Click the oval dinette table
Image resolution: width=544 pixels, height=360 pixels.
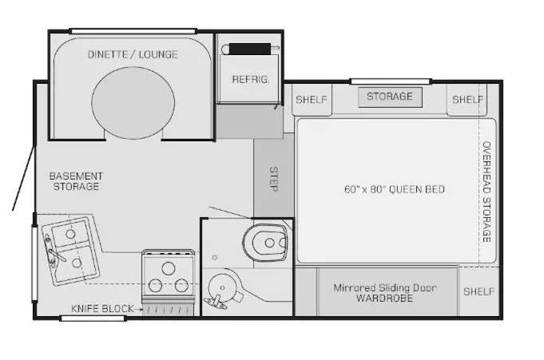point(133,103)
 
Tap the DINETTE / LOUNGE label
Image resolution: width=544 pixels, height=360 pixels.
point(133,54)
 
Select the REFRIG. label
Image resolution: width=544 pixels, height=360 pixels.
point(251,79)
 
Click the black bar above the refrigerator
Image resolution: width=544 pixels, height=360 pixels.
point(250,49)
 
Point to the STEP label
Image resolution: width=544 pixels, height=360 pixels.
point(274,179)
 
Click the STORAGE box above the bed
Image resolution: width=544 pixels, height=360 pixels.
point(390,97)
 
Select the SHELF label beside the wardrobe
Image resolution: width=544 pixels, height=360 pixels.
point(478,291)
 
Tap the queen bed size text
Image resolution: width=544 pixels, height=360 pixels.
point(395,189)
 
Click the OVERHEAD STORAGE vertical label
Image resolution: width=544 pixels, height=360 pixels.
point(486,192)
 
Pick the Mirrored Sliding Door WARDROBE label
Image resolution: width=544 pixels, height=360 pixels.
point(385,293)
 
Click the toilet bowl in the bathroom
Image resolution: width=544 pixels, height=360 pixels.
point(265,243)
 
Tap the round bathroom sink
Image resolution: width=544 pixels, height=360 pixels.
point(222,288)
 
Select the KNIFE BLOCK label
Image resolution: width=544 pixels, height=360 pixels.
point(102,309)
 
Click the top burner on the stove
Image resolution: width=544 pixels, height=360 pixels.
point(169,268)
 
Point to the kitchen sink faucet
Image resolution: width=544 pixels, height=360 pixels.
point(53,251)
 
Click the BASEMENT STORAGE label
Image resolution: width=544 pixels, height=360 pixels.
point(76,181)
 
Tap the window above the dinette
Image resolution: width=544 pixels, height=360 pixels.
point(133,31)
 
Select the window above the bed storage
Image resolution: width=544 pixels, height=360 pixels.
point(391,81)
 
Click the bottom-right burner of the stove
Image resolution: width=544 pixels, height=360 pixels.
point(181,286)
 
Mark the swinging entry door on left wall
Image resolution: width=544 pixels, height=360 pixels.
point(24,178)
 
